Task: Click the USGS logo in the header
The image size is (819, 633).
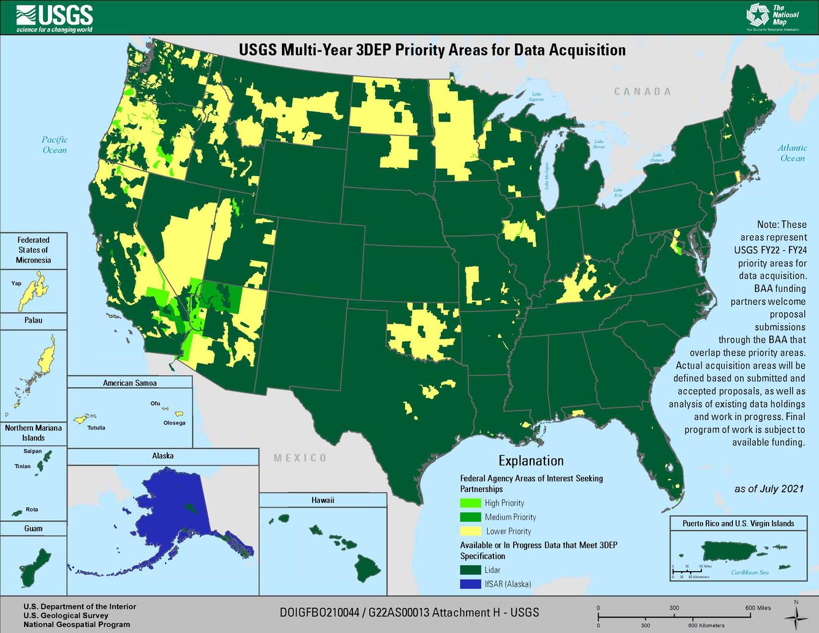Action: point(55,18)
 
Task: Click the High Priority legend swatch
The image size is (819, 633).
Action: point(470,503)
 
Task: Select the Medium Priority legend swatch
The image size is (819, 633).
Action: point(470,517)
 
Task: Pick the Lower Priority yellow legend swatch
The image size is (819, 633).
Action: point(470,531)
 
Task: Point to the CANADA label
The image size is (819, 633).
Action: point(642,92)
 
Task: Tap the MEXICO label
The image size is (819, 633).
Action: point(300,458)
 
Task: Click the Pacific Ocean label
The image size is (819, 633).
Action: point(55,145)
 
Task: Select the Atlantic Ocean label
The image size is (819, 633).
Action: point(792,153)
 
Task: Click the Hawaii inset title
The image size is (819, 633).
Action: point(322,501)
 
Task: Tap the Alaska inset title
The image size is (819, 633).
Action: point(162,456)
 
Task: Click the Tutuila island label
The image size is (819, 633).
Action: point(96,428)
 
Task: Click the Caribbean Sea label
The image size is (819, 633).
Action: point(749,572)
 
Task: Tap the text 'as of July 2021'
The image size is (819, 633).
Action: point(769,489)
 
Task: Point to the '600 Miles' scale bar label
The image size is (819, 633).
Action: point(758,608)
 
